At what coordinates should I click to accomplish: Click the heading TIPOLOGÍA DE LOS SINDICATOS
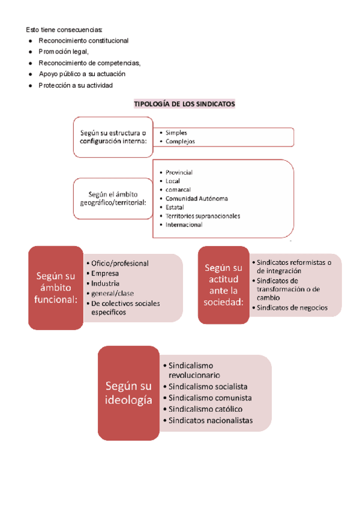point(184,104)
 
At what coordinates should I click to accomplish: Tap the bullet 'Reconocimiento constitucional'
point(83,41)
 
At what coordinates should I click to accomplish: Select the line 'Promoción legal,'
point(64,52)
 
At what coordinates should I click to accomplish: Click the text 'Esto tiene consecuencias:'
point(64,29)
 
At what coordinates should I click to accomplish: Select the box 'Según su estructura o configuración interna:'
point(113,137)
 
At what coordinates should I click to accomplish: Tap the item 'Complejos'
point(180,142)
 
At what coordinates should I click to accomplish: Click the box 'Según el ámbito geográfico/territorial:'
point(113,198)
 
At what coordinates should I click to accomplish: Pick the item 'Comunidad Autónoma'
point(196,199)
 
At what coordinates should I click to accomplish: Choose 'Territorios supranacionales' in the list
point(203,216)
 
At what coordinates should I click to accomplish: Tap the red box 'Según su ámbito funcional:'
point(55,288)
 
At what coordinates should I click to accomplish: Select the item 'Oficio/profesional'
point(120,263)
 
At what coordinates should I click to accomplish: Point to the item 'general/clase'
point(113,294)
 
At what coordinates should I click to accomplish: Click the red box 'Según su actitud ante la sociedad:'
point(223,285)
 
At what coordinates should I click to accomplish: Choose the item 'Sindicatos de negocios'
point(292,307)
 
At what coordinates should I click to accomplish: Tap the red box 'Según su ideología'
point(128,393)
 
